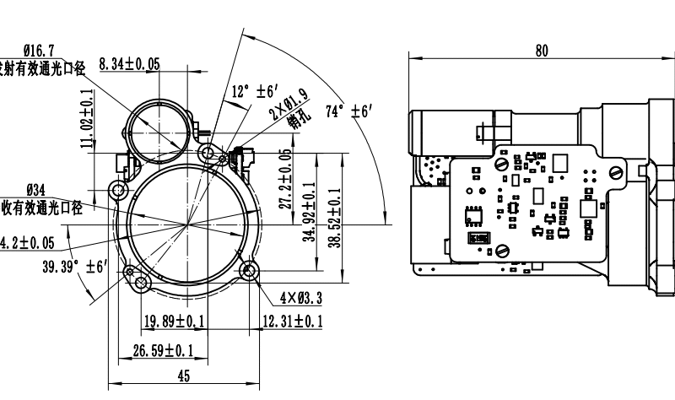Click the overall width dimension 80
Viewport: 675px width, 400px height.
(x=541, y=50)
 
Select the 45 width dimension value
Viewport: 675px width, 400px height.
(x=184, y=376)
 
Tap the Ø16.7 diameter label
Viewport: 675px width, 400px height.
(x=40, y=51)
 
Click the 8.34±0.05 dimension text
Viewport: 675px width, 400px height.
(x=129, y=64)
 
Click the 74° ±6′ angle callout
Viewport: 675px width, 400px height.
(x=349, y=111)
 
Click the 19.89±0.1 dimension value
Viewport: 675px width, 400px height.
(x=174, y=321)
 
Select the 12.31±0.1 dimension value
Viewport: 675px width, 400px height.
(x=292, y=321)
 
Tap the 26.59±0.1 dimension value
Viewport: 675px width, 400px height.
(x=163, y=349)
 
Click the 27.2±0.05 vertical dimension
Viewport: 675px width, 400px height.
(x=285, y=180)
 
